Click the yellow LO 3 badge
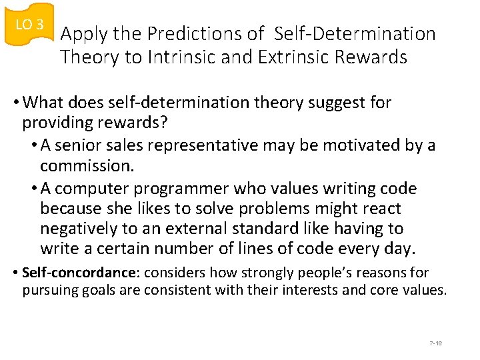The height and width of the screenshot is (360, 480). pos(29,25)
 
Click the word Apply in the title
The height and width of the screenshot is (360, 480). pos(82,34)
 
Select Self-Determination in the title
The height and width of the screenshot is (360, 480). pos(355,34)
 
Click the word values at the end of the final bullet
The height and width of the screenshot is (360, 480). pos(425,290)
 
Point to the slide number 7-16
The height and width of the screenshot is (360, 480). pos(436,343)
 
